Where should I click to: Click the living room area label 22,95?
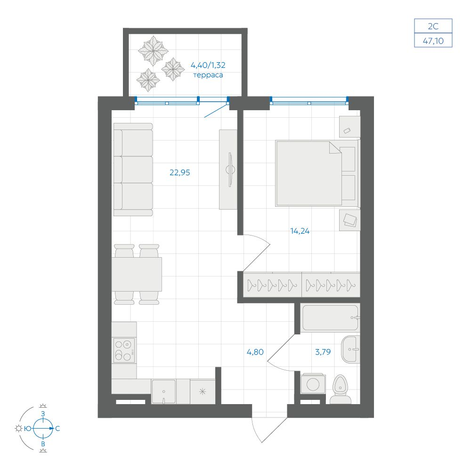point(179,173)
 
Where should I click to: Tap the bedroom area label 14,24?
point(300,231)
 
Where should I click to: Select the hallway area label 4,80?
point(255,352)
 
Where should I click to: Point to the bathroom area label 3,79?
point(323,352)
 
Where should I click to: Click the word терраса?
point(208,75)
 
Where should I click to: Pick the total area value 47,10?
point(433,41)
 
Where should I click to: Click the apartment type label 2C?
point(433,26)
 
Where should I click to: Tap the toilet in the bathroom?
point(341,390)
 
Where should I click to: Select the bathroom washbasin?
point(350,349)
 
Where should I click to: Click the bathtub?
point(330,318)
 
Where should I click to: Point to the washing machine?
point(313,383)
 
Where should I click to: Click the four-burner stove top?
point(124,350)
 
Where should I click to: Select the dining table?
point(137,274)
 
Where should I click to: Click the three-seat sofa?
point(133,170)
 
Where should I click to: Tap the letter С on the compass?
point(57,429)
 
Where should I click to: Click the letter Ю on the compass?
point(28,429)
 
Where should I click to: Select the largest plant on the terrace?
point(153,51)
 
